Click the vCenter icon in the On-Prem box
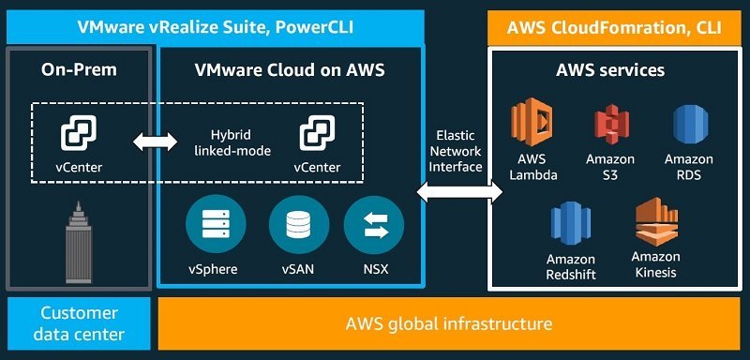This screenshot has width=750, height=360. [x=79, y=133]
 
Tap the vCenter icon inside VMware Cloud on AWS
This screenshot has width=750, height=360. [x=317, y=133]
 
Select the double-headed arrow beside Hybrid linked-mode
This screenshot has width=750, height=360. [x=155, y=142]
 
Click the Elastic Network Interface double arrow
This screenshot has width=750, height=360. [x=459, y=192]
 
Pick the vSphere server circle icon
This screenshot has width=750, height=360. [x=216, y=224]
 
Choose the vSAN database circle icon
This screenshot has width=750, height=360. [x=298, y=224]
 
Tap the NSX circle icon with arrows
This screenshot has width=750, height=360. [x=373, y=224]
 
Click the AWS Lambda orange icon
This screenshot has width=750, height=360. [x=532, y=122]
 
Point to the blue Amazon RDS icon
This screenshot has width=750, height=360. [x=691, y=125]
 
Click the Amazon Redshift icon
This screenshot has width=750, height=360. [x=571, y=223]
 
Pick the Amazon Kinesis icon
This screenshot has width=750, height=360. [x=656, y=221]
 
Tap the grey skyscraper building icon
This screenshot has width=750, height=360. [x=79, y=242]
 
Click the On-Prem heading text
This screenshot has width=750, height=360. [x=79, y=69]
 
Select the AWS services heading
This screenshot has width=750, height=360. [x=610, y=70]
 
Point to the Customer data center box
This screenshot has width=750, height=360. [x=79, y=323]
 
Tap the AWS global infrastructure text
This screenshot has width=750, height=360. [x=449, y=323]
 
